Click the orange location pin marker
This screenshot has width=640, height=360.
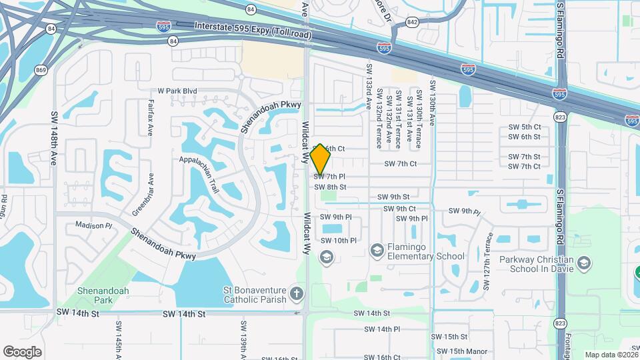point(321,158)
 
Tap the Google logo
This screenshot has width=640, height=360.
point(22,351)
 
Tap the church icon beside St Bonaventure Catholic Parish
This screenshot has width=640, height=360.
point(297,293)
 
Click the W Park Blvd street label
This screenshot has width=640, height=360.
point(177,91)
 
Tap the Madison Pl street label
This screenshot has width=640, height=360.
point(94,225)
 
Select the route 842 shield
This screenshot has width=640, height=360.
point(413,22)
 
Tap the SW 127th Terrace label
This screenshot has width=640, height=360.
point(489,261)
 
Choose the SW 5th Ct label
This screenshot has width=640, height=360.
point(524,127)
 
